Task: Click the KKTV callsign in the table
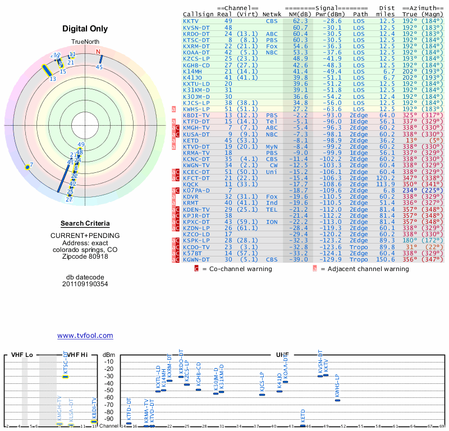pos(191,21)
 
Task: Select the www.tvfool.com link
pos(85,336)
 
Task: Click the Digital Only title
pos(85,29)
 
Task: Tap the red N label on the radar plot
pos(99,53)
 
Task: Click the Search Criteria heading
pos(85,223)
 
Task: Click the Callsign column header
pos(198,14)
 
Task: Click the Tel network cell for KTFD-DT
pos(271,121)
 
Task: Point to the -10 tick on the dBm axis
pos(109,361)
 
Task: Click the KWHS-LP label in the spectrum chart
pos(337,386)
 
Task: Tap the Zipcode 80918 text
pos(85,256)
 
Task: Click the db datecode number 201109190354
pos(85,284)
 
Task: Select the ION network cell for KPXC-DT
pos(271,222)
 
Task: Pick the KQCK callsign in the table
pos(191,184)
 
